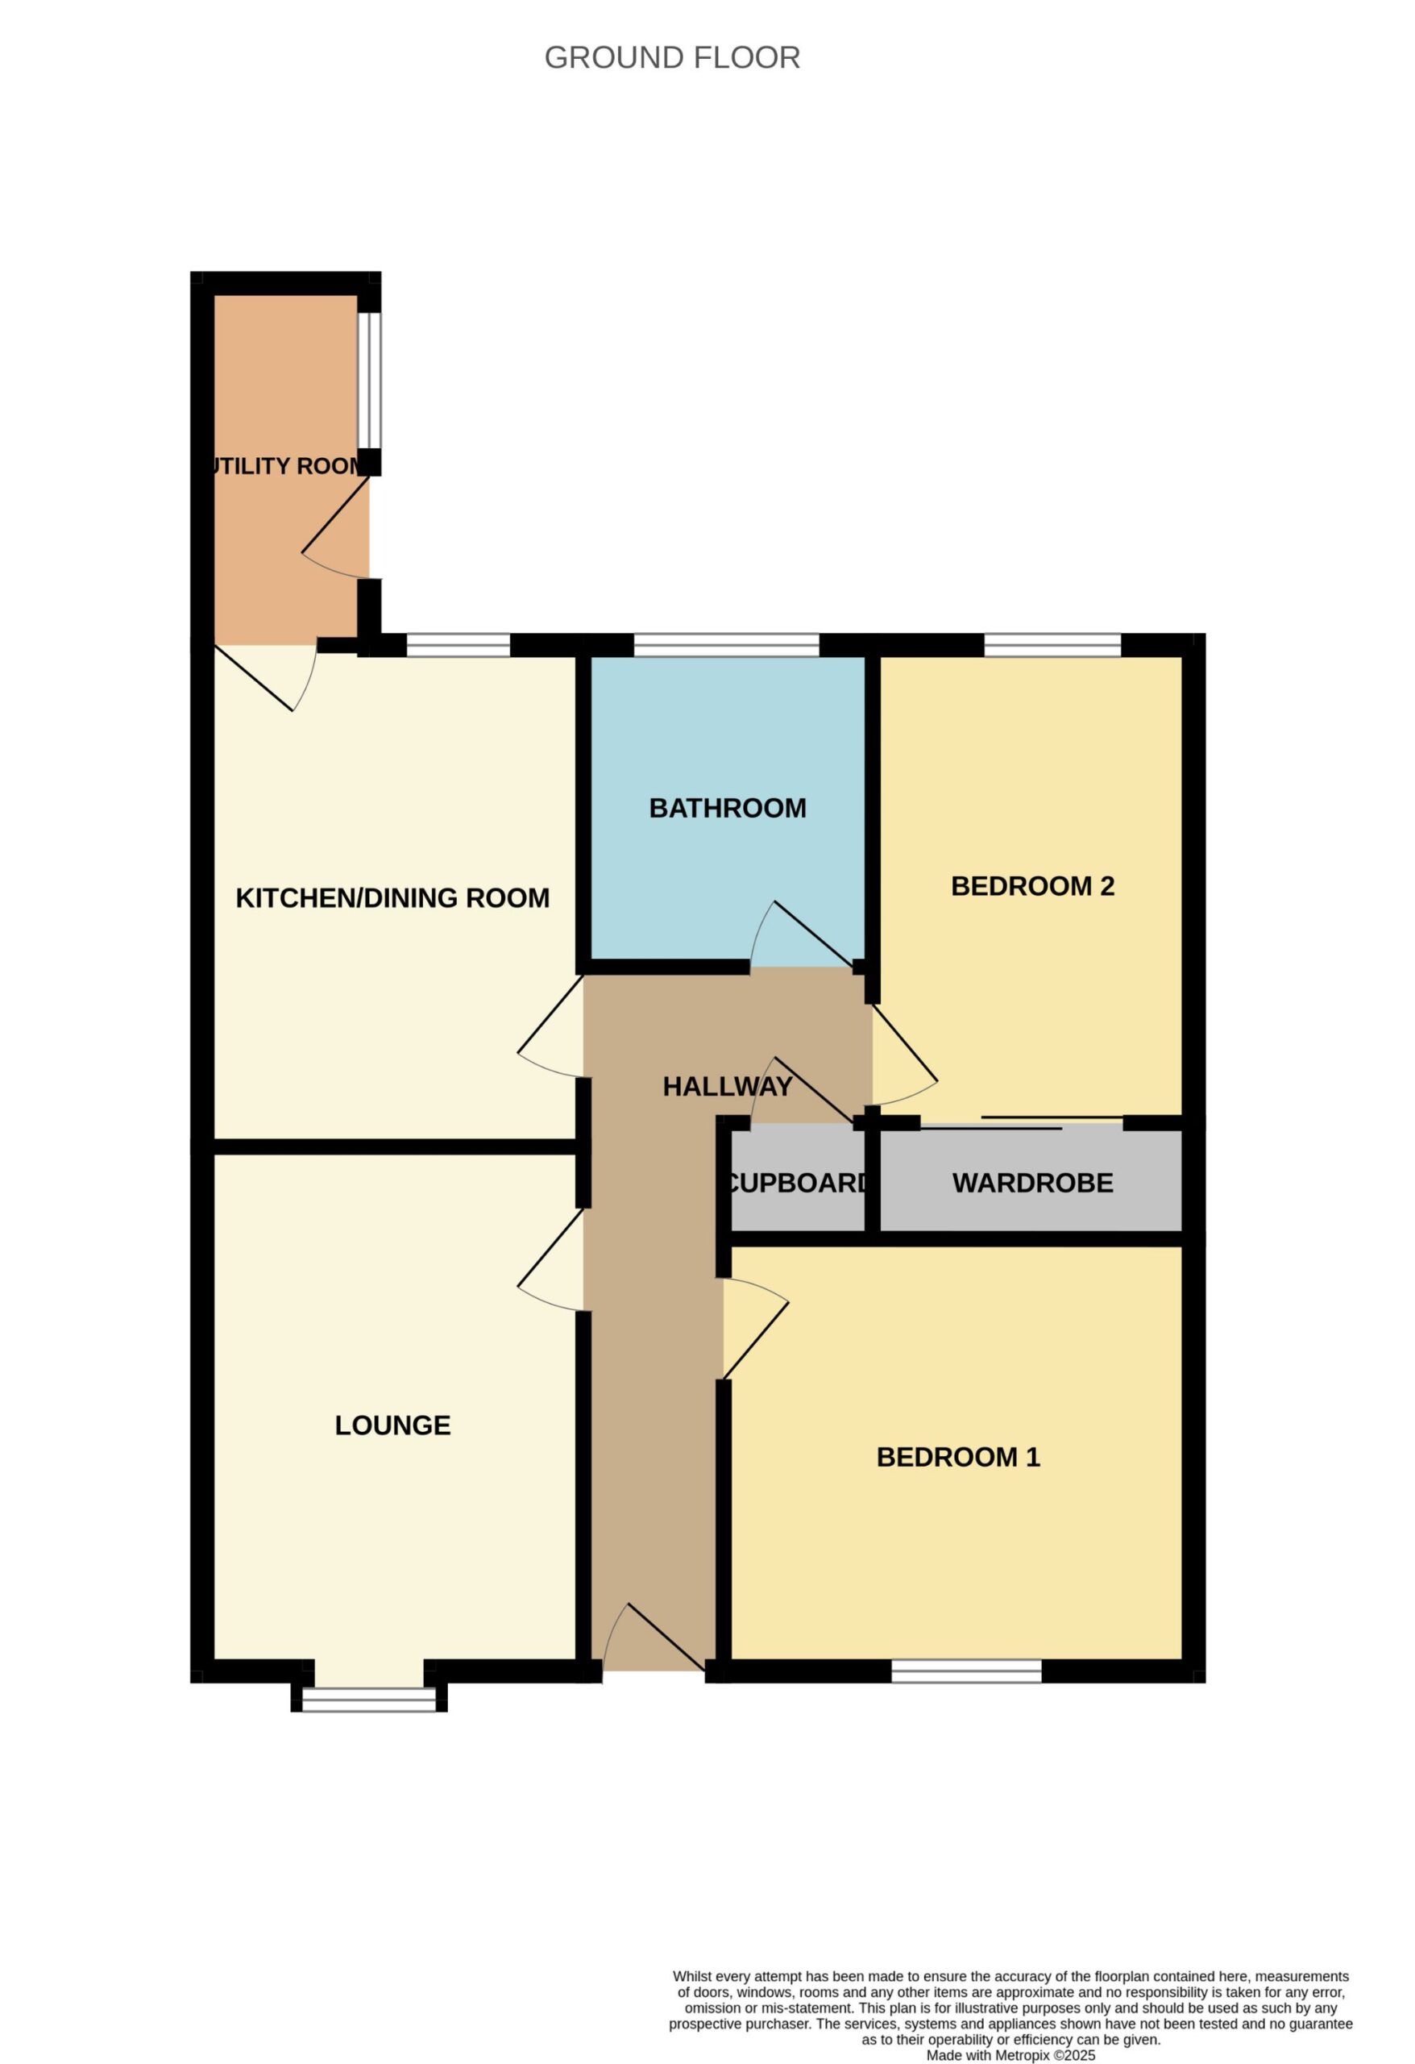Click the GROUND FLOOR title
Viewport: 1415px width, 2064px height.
click(x=672, y=58)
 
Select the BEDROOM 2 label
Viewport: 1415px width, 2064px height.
click(x=1032, y=886)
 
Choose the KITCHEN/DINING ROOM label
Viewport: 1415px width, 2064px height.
click(x=392, y=898)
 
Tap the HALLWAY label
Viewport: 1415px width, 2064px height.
click(x=728, y=1086)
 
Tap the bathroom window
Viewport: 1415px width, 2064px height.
click(x=726, y=645)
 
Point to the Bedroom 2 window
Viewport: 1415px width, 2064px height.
click(x=1053, y=645)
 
